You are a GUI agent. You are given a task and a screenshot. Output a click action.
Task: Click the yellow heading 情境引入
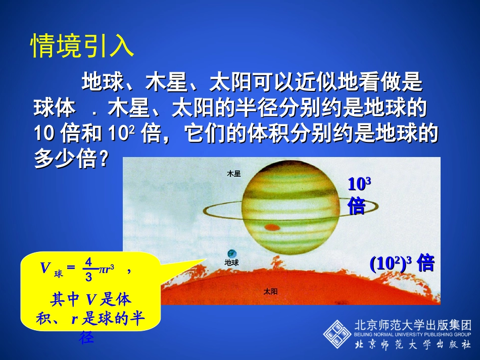pos(82,47)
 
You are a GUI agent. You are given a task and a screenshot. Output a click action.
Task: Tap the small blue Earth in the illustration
pos(231,253)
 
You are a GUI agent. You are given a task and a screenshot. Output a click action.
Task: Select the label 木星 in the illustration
pos(234,174)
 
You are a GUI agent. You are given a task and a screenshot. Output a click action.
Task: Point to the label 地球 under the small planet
pos(231,263)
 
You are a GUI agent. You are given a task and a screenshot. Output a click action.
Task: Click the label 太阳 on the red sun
pos(271,291)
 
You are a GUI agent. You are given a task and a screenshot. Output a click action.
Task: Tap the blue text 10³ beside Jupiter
pos(360,183)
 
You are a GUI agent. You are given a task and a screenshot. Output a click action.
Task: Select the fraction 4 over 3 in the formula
pos(88,269)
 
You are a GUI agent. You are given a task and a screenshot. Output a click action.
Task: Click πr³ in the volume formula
pos(106,269)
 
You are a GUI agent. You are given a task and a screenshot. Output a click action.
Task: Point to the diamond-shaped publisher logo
pos(338,334)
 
